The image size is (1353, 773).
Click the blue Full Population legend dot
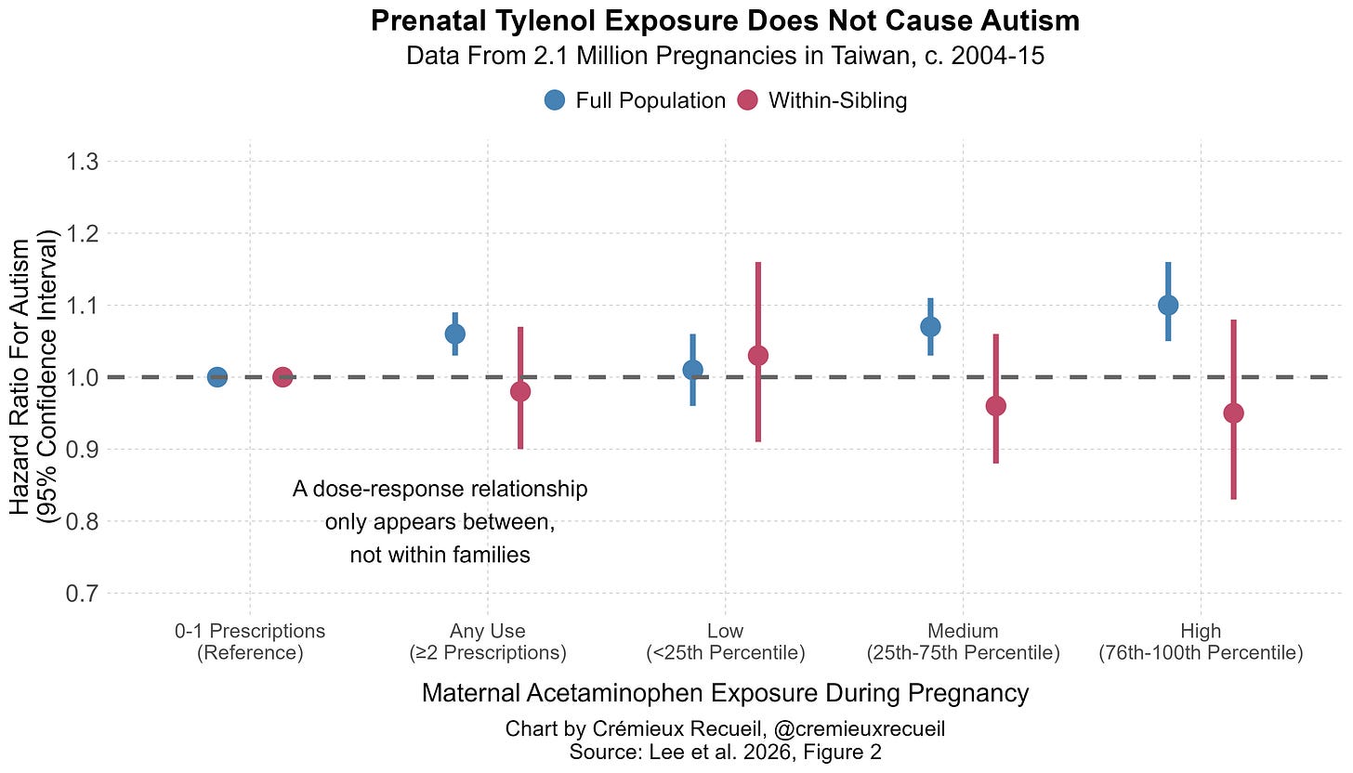click(555, 99)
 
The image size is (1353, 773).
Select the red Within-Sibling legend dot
click(747, 99)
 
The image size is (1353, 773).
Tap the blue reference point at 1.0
click(217, 377)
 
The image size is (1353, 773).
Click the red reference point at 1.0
click(282, 377)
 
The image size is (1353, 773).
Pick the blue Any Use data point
click(454, 334)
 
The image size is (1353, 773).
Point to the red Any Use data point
click(520, 391)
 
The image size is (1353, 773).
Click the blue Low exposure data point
click(693, 370)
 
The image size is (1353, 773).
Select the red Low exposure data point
click(758, 356)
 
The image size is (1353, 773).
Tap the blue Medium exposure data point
click(930, 327)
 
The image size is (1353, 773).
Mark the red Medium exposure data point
click(996, 406)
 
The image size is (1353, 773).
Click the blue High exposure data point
click(1168, 305)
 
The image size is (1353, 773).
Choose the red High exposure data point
click(1233, 413)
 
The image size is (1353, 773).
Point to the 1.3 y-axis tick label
click(82, 162)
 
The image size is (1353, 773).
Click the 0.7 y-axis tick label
click(82, 594)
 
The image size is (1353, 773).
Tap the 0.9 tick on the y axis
click(82, 450)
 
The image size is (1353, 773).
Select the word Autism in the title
click(1030, 21)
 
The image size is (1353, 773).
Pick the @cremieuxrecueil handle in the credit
click(859, 729)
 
